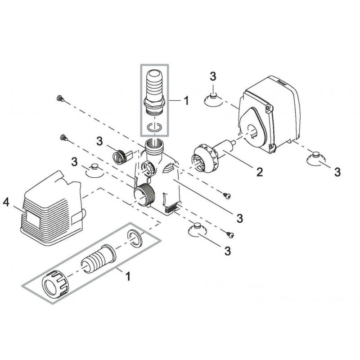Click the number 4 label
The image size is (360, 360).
(6, 203)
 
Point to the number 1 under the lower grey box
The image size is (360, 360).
(128, 276)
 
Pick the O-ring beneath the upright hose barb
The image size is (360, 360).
(155, 127)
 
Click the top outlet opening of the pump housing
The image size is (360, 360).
(155, 147)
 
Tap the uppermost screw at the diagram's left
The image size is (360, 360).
(58, 98)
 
